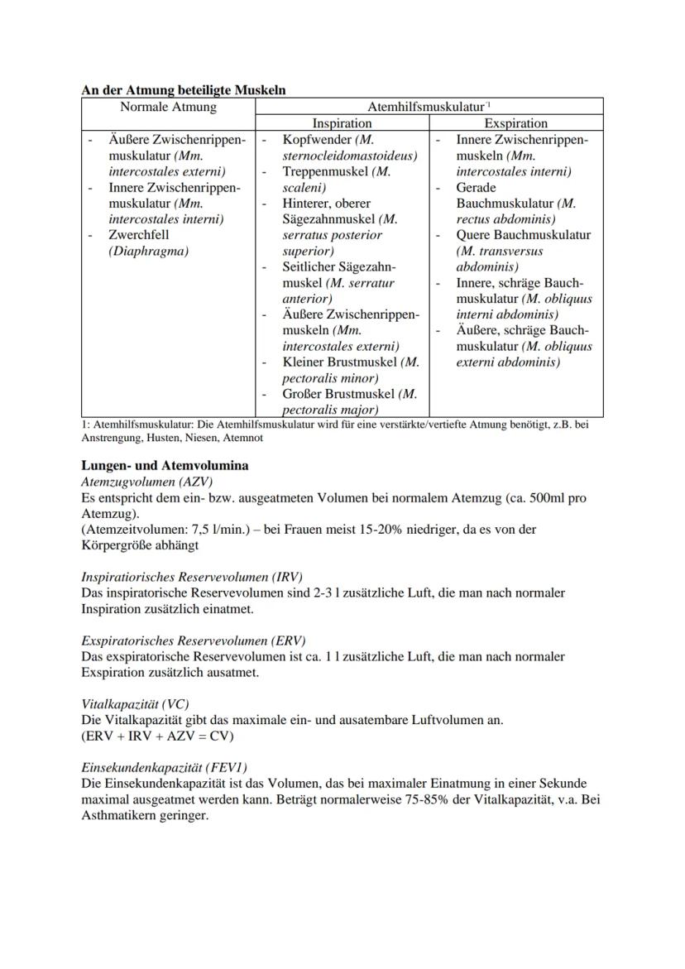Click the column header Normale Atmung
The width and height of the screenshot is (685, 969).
[x=168, y=107]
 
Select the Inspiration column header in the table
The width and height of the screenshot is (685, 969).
[x=342, y=123]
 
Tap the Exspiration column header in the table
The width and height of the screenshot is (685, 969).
[x=515, y=123]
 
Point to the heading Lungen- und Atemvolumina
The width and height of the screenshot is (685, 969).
[x=165, y=466]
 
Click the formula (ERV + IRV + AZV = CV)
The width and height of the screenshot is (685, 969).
[x=157, y=736]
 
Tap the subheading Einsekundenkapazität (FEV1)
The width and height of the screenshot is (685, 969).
[x=164, y=767]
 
